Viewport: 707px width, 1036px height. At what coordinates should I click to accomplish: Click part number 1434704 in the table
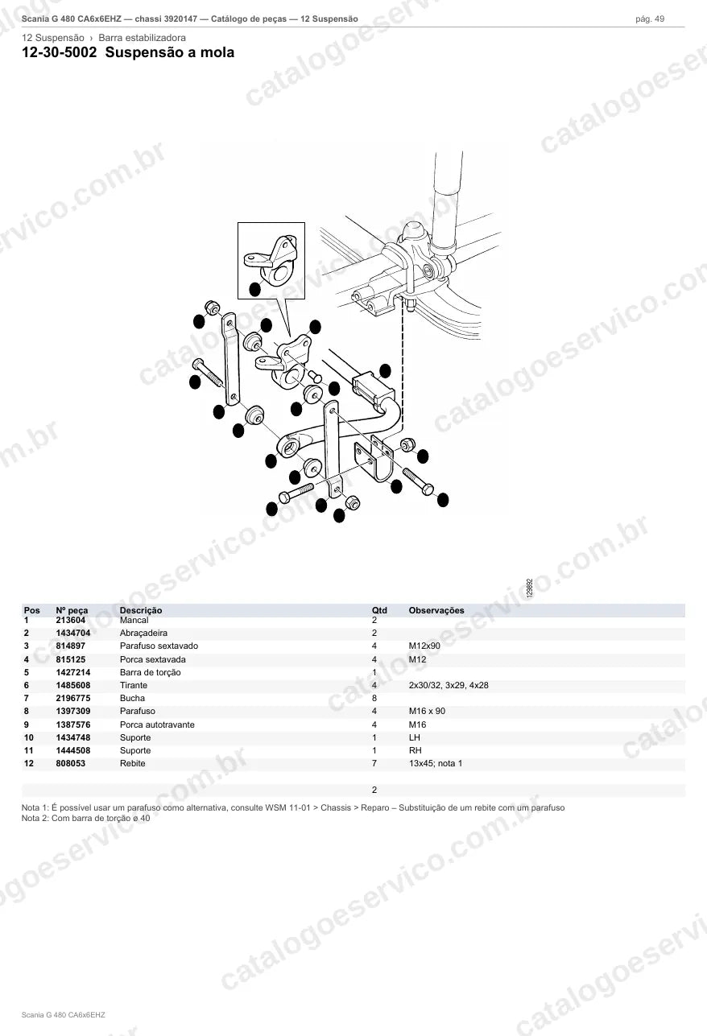[x=73, y=633]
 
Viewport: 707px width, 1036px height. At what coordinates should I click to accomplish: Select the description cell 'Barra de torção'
[x=151, y=672]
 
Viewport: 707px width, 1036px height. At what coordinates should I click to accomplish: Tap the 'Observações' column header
[x=436, y=610]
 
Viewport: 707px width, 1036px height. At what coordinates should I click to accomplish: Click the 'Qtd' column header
[x=379, y=610]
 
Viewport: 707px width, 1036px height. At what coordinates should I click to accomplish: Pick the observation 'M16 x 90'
[x=427, y=711]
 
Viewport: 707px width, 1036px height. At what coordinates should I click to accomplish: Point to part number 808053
[x=71, y=763]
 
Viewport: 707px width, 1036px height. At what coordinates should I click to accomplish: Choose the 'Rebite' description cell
[x=132, y=763]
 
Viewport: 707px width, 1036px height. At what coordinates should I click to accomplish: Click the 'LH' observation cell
[x=415, y=737]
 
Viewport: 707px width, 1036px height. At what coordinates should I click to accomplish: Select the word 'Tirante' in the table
[x=134, y=685]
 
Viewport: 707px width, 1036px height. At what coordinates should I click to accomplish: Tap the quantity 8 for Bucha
[x=374, y=698]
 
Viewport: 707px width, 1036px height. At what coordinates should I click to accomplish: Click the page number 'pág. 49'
[x=650, y=19]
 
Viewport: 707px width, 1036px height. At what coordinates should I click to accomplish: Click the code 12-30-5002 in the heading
[x=60, y=52]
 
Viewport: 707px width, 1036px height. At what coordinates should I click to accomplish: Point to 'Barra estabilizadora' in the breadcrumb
[x=142, y=38]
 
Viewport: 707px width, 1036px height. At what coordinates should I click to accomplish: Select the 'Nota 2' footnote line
[x=85, y=818]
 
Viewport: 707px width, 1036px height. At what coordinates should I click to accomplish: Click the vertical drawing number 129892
[x=530, y=588]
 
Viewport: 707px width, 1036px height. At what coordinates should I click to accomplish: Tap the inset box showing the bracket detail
[x=271, y=223]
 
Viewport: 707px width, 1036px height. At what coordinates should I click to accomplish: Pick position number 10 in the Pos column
[x=29, y=737]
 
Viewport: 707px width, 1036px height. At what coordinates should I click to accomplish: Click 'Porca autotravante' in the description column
[x=157, y=724]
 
